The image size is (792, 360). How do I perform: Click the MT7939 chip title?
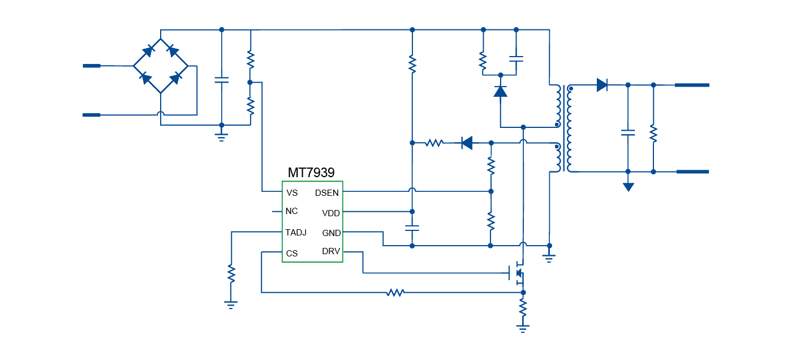[311, 173]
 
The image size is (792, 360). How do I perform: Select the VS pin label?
[292, 193]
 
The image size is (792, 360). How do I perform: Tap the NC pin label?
[292, 212]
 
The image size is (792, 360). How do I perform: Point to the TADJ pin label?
[296, 233]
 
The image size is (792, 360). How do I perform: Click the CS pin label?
[292, 254]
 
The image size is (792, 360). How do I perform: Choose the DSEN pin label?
[327, 193]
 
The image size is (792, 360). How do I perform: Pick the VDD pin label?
[331, 213]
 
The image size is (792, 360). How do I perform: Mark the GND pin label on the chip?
[332, 233]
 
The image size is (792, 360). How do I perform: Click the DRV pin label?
[331, 251]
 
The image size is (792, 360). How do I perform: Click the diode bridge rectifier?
[161, 66]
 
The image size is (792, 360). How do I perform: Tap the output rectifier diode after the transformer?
[602, 85]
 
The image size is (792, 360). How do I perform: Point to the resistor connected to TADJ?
[231, 274]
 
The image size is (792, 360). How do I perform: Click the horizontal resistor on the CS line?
[395, 293]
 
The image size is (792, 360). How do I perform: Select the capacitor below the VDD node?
[412, 229]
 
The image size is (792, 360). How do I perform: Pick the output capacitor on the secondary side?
[628, 133]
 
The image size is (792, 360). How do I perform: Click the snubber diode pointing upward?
[500, 91]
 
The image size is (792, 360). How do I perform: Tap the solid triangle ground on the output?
[628, 187]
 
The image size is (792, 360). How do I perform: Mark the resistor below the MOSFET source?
[523, 308]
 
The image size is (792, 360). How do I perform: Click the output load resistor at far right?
[653, 133]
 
